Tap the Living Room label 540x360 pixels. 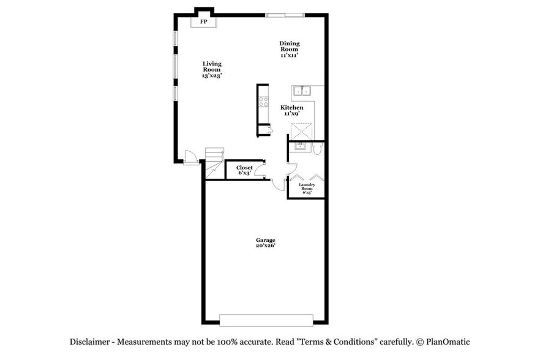tap(211, 70)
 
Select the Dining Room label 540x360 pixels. tap(289, 49)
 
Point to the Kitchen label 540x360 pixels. tap(292, 111)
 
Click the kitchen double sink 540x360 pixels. tap(302, 92)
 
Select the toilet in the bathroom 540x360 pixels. tap(317, 149)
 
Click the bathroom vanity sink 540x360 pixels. tap(301, 146)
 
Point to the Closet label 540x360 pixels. tap(244, 170)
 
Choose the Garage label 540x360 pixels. tap(265, 243)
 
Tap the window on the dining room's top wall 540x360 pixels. tap(284, 14)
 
